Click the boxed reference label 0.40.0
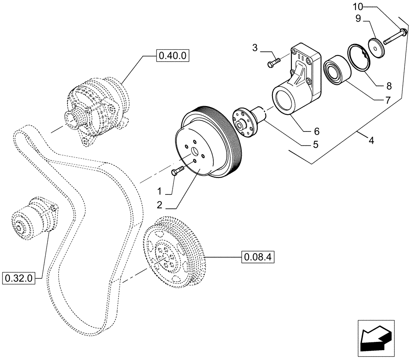coord(172,55)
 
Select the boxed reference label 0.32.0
coord(19,278)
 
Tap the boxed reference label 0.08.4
coord(258,258)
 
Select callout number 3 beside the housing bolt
coord(255,48)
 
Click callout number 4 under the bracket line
coord(371,141)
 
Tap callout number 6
coord(316,131)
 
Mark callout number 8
coord(389,86)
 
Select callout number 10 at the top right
coord(358,7)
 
